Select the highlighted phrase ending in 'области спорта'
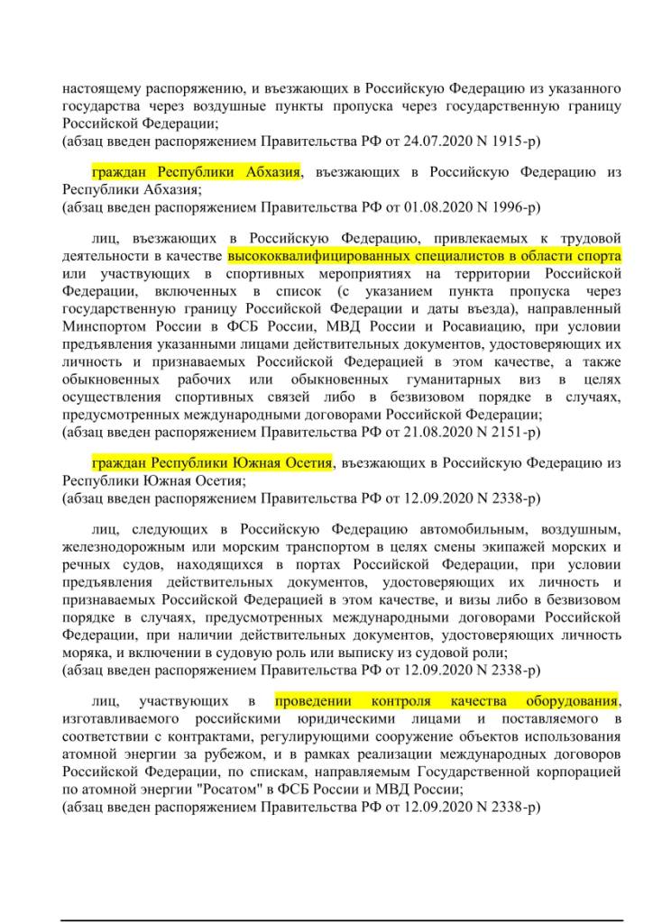click(x=424, y=255)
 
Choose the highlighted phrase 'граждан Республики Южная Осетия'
click(x=212, y=462)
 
